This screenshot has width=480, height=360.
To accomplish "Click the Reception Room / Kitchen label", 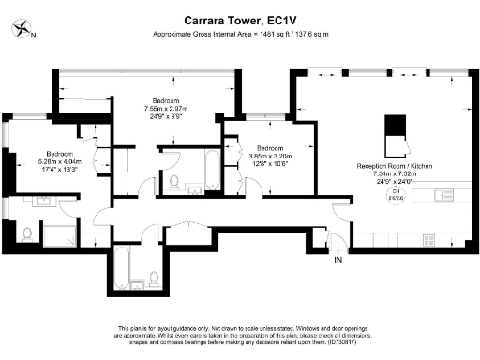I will pos(395,165).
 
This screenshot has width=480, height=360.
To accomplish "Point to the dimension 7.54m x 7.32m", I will pos(395,172).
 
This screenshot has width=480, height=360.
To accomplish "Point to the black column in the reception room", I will pos(396,125).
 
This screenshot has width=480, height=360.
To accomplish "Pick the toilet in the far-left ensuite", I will pos(27,232).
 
